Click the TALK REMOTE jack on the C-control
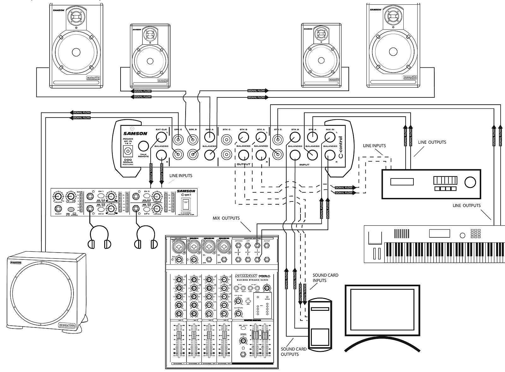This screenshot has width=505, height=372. (144, 146)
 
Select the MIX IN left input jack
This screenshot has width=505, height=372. (330, 137)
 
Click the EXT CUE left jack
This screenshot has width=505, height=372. (161, 137)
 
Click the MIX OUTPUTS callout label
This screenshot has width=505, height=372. (226, 218)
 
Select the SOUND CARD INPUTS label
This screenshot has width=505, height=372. (325, 278)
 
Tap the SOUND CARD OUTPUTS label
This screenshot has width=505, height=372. (294, 352)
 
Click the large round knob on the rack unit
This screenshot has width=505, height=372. (470, 182)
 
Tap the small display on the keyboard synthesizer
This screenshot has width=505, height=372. (439, 233)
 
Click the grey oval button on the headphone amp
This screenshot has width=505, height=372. (71, 209)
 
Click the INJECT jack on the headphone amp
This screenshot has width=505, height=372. (58, 209)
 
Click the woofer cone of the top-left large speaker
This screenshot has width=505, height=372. (76, 52)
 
